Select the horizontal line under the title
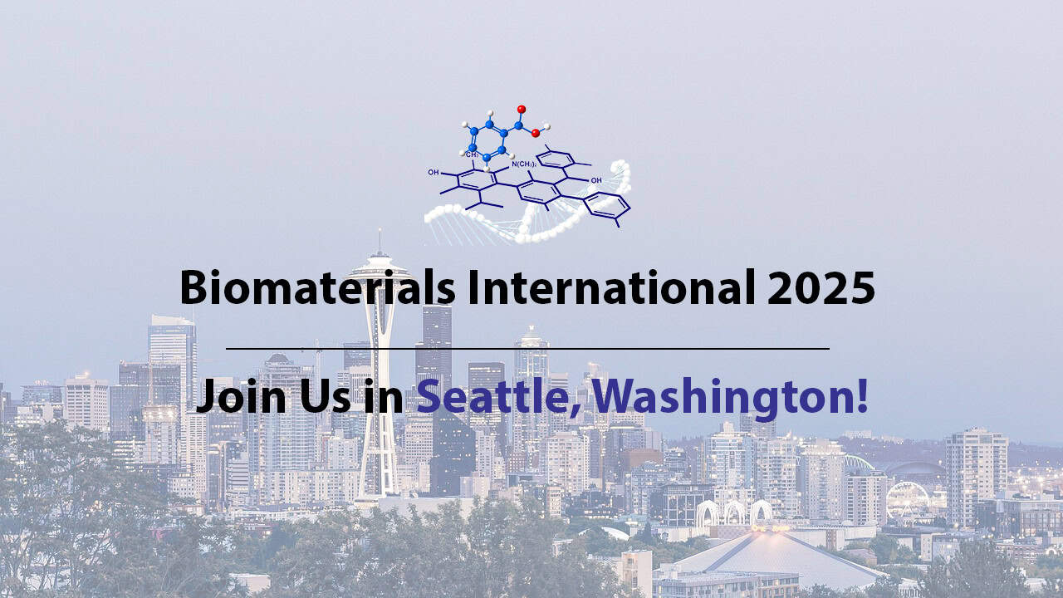coord(527,349)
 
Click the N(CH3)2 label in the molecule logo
coord(523,164)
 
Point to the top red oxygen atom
coord(522,109)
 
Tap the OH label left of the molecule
coord(434,173)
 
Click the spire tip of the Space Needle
coord(380,233)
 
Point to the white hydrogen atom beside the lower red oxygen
coord(546,126)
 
